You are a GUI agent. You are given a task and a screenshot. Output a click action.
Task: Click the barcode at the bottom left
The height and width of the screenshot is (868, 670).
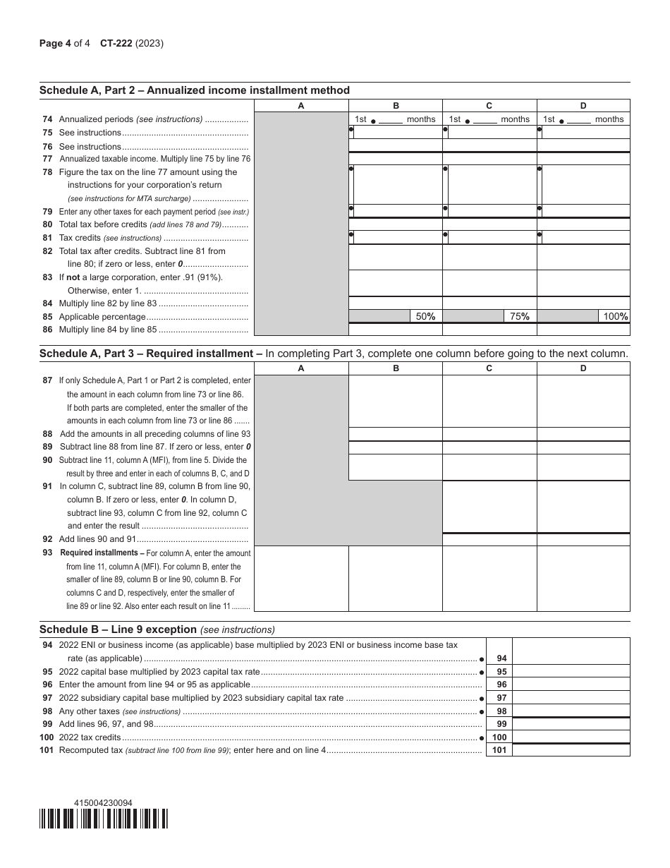[x=104, y=818]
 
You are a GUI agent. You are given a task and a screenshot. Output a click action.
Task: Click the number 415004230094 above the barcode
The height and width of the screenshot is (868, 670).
[x=103, y=802]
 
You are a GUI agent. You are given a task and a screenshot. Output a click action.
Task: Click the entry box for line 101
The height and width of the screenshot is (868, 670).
[x=571, y=750]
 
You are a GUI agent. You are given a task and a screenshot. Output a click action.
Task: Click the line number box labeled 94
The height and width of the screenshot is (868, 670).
[x=499, y=658]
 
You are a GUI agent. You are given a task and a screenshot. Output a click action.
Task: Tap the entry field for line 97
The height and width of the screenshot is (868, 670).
[x=571, y=698]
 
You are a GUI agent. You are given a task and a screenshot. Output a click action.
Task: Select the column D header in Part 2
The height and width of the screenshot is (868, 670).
[x=583, y=106]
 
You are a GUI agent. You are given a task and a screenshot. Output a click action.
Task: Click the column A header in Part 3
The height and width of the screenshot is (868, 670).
[x=301, y=368]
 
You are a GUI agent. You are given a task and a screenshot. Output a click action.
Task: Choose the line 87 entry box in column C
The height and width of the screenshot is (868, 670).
[x=489, y=401]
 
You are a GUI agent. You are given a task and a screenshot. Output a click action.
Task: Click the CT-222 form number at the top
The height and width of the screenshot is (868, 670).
[x=116, y=43]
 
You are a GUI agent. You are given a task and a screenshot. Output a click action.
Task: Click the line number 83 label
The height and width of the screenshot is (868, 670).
[x=47, y=277]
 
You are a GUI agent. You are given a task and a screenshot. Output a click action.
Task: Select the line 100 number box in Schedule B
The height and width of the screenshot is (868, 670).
[x=499, y=737]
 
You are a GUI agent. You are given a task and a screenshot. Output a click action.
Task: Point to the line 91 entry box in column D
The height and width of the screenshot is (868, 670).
[x=583, y=507]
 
